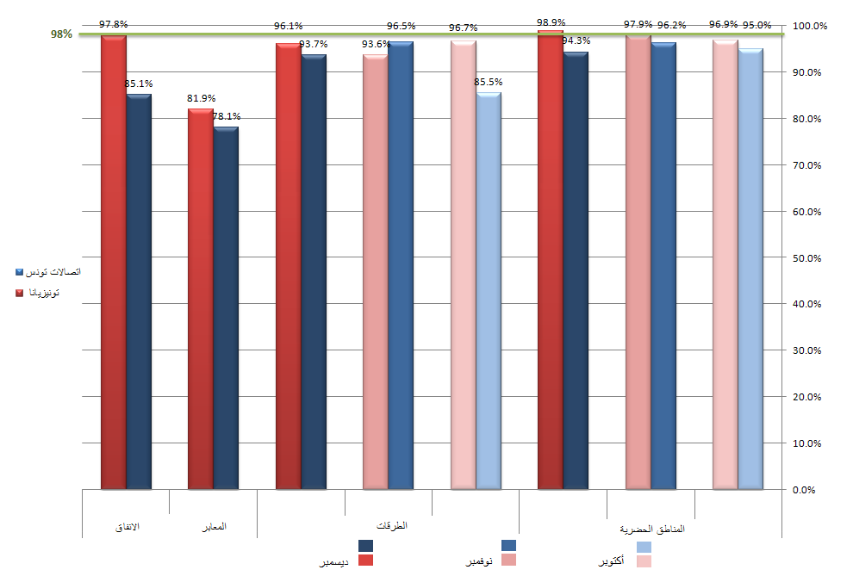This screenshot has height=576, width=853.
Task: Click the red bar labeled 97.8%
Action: point(114,263)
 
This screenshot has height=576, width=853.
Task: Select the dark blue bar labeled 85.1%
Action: point(139,292)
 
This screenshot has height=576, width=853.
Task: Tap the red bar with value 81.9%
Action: point(201,299)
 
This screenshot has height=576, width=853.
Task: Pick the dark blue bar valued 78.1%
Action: point(226,308)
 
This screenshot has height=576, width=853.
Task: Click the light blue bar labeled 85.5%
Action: point(489,291)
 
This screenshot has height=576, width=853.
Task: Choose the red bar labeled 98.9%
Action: point(551,260)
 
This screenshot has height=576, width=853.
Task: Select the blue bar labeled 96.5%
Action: point(401,265)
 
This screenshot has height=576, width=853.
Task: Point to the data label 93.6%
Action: point(376,44)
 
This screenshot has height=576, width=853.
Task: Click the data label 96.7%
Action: point(464,28)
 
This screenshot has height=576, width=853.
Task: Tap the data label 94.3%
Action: point(576,40)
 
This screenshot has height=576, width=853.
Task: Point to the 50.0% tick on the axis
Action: point(806,257)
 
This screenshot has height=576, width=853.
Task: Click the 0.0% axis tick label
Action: point(804,490)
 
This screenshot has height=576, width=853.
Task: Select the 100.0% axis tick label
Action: point(810,26)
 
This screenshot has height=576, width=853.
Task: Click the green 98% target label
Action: point(61,34)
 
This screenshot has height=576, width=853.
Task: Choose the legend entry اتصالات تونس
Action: point(48,272)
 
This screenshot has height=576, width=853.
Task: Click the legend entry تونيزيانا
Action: point(37,293)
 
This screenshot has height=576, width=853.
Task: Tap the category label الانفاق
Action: point(128,527)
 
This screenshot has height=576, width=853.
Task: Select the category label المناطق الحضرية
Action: point(652,529)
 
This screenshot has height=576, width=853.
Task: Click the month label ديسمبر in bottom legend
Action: point(333,562)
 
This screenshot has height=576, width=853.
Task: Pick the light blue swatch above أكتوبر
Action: point(644,547)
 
